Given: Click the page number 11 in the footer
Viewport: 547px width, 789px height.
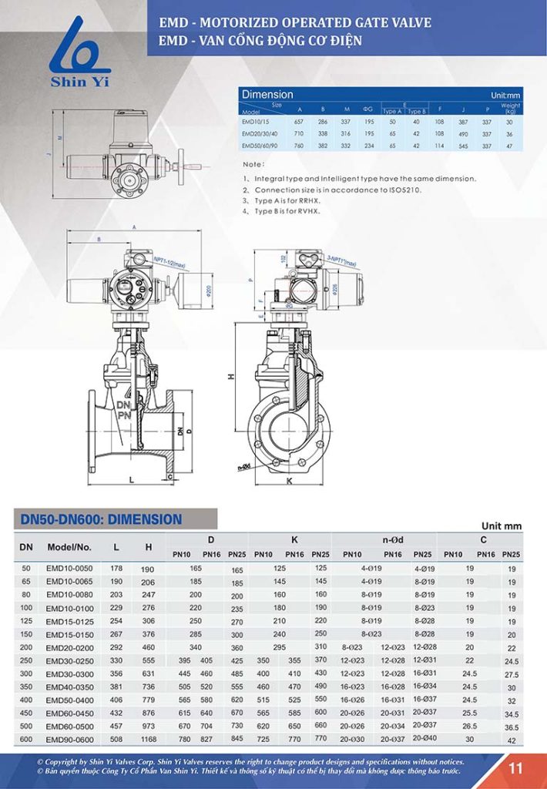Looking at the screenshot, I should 515,767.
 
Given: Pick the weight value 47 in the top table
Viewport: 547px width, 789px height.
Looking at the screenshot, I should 509,145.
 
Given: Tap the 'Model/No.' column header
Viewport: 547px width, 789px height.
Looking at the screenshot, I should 69,547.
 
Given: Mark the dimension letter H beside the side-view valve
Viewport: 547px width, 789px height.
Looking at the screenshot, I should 230,378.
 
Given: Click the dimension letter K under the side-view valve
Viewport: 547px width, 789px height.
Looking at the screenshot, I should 289,480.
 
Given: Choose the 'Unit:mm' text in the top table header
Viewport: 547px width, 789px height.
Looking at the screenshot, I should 505,95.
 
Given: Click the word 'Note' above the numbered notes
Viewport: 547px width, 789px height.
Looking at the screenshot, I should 252,164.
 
